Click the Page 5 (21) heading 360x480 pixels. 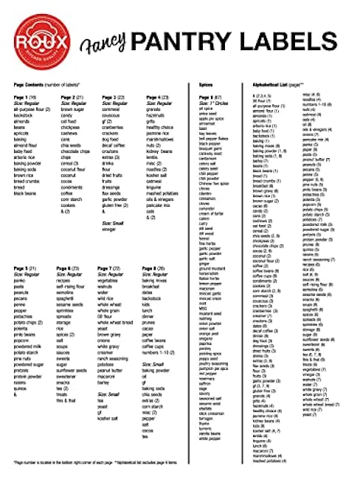(24, 268)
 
